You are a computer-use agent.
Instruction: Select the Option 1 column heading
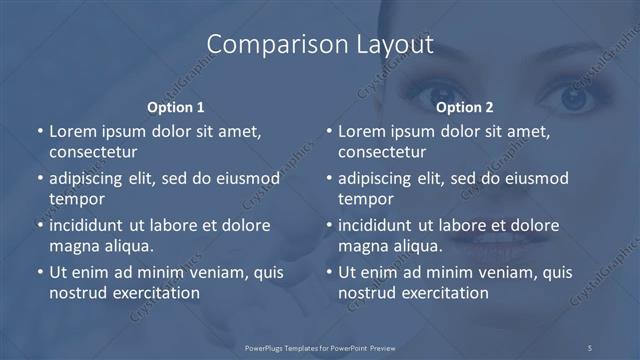[176, 107]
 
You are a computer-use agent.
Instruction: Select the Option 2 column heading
[465, 107]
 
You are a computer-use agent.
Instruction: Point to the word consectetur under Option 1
[93, 153]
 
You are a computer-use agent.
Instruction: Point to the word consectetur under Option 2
[382, 153]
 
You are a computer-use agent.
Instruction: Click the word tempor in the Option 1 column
[77, 199]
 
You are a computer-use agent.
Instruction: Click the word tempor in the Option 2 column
[366, 199]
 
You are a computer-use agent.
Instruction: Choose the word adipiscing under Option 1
[92, 179]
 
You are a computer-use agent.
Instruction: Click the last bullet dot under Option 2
[327, 272]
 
